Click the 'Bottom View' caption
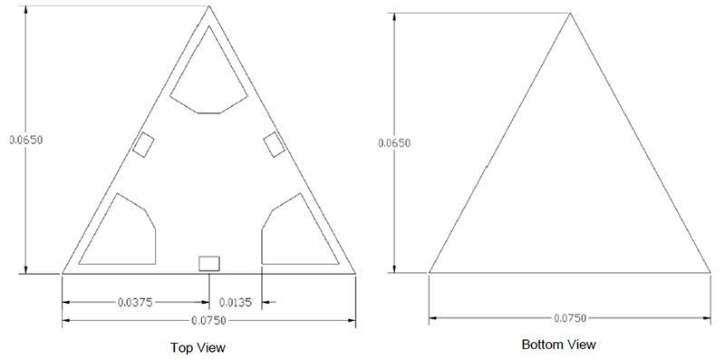(558, 345)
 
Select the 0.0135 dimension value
(237, 302)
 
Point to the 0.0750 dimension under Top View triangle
(208, 321)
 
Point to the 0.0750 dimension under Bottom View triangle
(570, 318)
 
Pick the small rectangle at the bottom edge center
(209, 263)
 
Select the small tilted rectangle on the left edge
(143, 144)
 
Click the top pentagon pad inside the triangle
(209, 77)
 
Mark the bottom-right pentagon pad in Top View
(294, 234)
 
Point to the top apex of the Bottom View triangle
(570, 14)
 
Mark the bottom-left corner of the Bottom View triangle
(429, 271)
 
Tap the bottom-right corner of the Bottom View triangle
(710, 271)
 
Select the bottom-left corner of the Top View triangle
(62, 272)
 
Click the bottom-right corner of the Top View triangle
(355, 272)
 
